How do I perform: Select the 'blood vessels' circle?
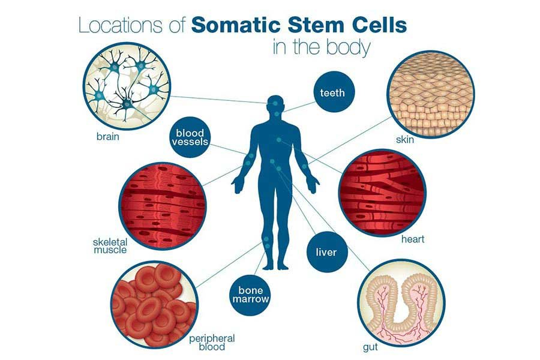190,137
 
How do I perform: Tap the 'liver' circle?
327,252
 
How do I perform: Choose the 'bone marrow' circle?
250,295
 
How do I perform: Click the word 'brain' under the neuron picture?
108,137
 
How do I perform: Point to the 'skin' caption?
405,140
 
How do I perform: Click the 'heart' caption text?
413,239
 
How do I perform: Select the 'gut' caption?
371,347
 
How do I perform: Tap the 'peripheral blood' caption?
212,343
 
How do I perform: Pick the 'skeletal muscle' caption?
110,245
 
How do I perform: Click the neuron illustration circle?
127,86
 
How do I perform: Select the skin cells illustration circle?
430,94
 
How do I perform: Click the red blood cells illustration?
154,305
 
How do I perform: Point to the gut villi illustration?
401,303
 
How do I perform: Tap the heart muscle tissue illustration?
382,193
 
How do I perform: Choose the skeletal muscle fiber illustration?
163,206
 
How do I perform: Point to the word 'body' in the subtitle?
348,47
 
